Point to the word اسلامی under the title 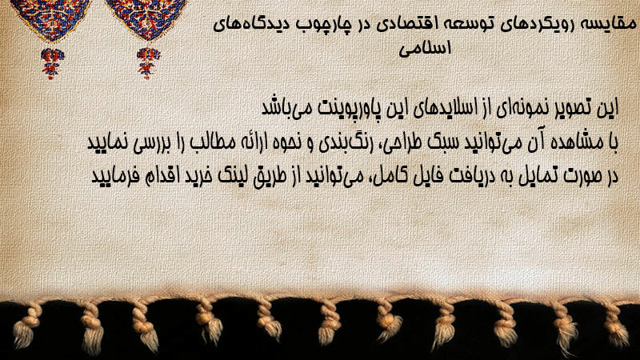point(425,48)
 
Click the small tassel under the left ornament point(52,63)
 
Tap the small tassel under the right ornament point(148,63)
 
